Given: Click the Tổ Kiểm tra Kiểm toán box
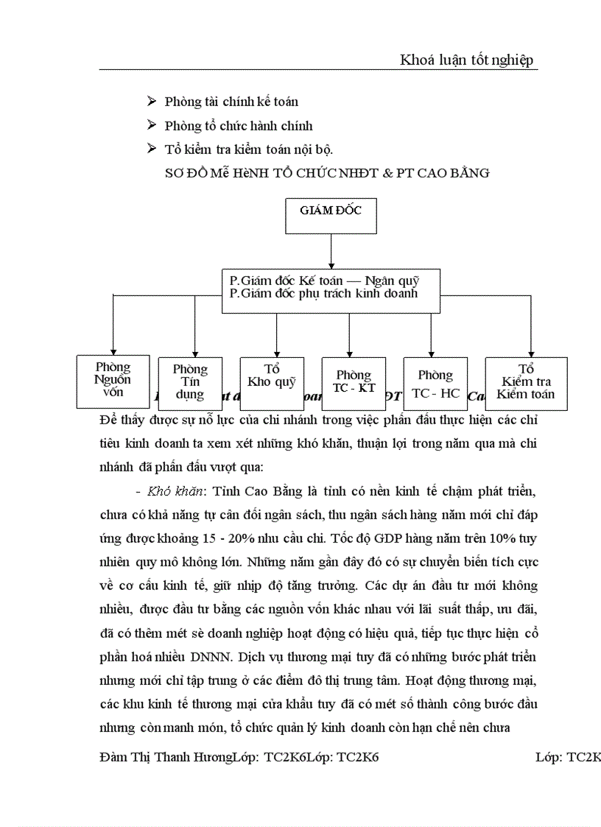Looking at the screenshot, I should (x=526, y=383).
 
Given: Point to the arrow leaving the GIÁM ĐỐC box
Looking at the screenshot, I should (x=331, y=253).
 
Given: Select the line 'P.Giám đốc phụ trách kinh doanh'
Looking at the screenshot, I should (x=323, y=293).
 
